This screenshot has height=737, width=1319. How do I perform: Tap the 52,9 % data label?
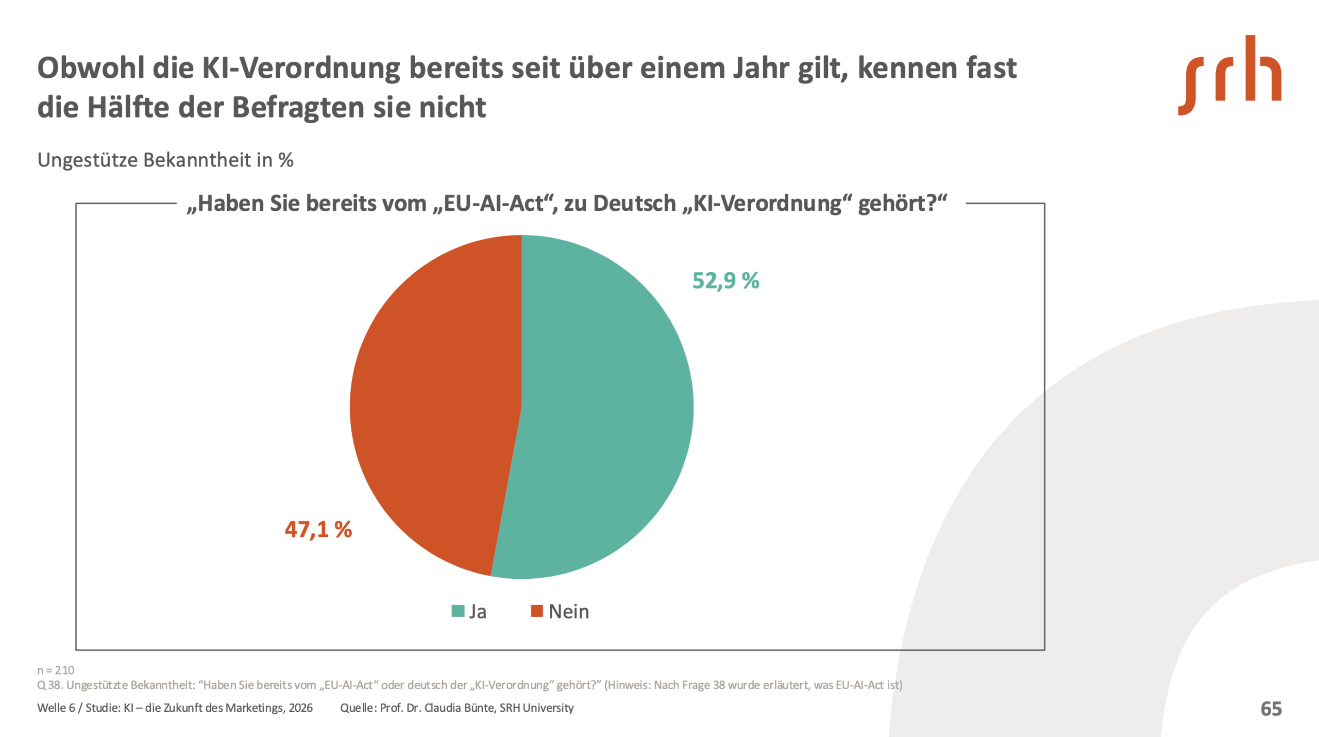(x=725, y=281)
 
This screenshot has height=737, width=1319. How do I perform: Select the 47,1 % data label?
(x=318, y=529)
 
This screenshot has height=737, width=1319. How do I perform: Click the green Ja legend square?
(x=458, y=611)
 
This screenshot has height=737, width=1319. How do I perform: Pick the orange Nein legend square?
(x=537, y=611)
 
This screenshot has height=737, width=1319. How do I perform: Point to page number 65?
(x=1271, y=709)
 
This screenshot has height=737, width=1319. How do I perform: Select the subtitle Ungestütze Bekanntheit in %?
(x=165, y=160)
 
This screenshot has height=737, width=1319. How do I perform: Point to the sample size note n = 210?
(x=56, y=670)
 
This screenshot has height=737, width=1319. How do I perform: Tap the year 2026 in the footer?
(x=300, y=708)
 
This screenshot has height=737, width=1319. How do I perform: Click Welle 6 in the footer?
(x=56, y=708)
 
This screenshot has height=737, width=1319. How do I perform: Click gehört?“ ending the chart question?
(x=902, y=204)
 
